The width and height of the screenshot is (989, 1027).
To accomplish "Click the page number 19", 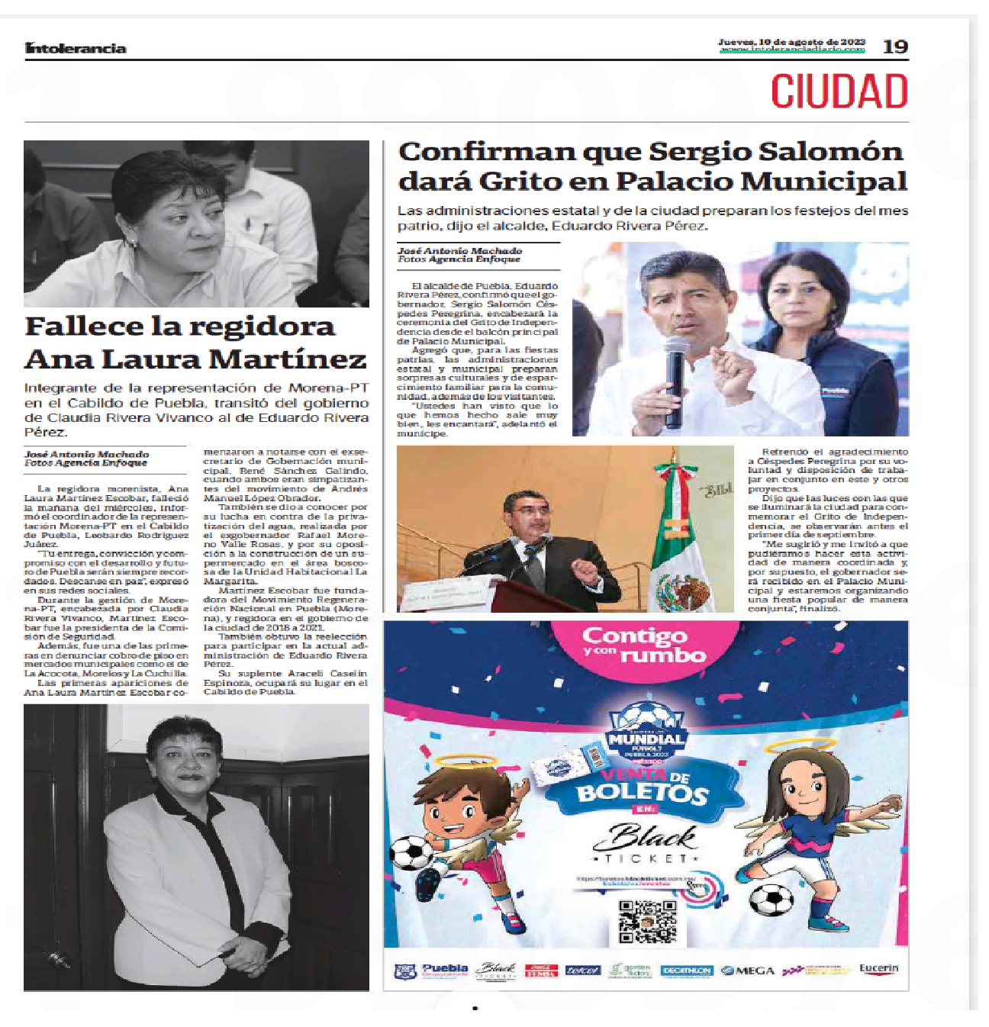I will point(895,47).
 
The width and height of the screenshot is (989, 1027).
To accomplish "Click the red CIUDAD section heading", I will point(839,92).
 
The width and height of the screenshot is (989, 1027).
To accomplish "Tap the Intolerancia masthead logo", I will point(75,48).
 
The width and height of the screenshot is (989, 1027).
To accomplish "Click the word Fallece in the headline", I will point(85,327).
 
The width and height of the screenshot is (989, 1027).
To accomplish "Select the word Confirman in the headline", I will point(485,151).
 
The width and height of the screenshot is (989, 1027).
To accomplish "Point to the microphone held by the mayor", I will point(675,374).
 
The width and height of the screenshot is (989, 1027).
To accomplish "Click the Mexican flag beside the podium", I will point(681,534).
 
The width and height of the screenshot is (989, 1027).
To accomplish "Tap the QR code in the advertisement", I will point(646,922).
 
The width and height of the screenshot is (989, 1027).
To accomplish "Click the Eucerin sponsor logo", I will point(878,969).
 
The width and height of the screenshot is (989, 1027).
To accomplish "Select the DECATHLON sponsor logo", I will point(686,971).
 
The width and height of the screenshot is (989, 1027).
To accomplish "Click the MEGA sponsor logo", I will point(748,971).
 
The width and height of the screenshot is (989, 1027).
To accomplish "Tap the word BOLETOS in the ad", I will point(643,794).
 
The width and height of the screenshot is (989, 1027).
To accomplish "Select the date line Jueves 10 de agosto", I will point(791,42).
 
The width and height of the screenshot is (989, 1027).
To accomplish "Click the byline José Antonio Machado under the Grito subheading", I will point(459,250).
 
